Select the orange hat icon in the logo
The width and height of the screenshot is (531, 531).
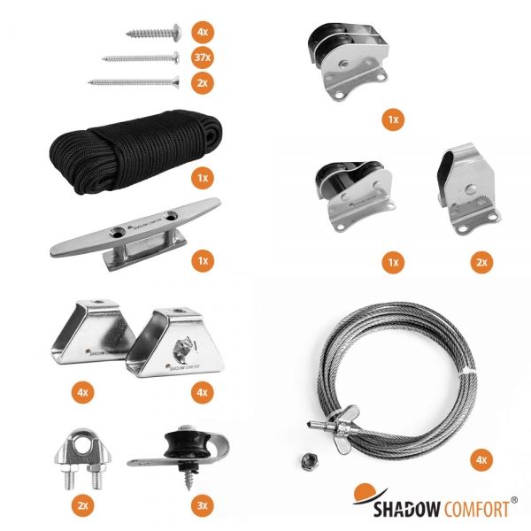tap(365, 493)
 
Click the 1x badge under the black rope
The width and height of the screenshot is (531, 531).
tap(203, 178)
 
